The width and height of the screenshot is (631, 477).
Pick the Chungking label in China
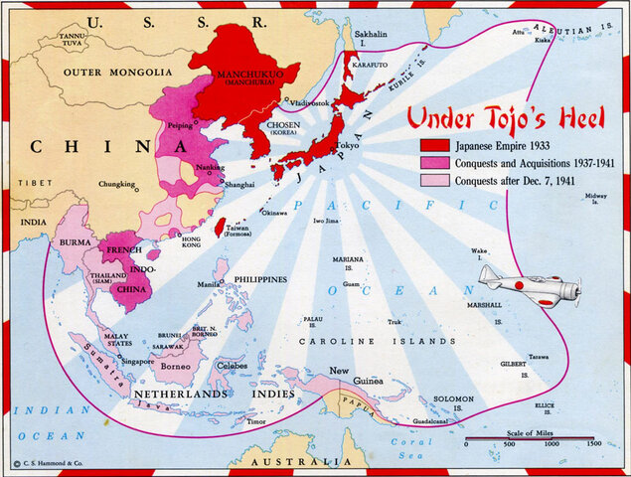click(x=117, y=184)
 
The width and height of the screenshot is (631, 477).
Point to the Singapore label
click(x=136, y=361)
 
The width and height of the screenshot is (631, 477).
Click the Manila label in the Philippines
click(x=209, y=284)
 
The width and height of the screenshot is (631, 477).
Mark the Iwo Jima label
click(x=325, y=221)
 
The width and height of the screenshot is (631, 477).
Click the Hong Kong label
click(x=191, y=243)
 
